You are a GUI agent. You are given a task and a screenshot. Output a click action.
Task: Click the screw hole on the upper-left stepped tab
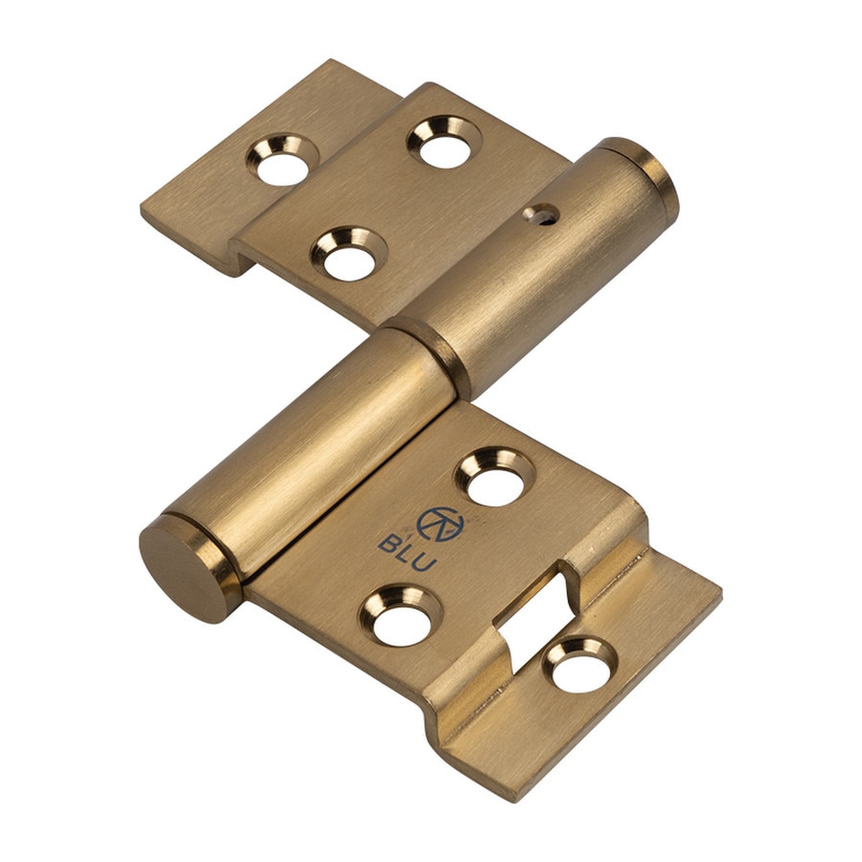283,161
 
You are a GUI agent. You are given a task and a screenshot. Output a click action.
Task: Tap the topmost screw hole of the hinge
444,142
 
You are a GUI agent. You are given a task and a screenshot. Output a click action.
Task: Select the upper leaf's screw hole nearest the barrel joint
349,254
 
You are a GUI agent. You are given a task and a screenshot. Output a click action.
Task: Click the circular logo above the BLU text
441,523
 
